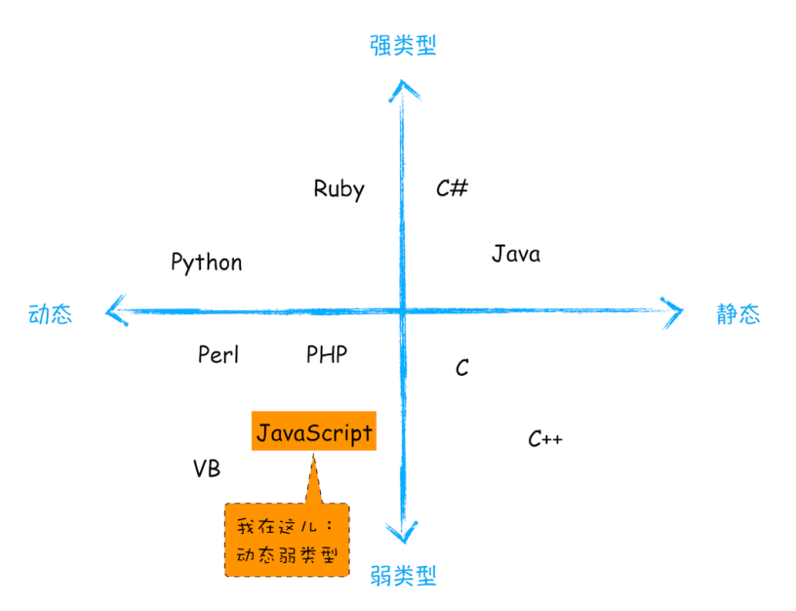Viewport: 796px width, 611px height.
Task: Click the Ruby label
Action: [x=338, y=188]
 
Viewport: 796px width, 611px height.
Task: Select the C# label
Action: [x=452, y=187]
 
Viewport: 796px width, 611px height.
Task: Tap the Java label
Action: [x=515, y=254]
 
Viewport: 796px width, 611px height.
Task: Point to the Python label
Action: [x=206, y=263]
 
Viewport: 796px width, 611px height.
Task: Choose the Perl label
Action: [x=218, y=354]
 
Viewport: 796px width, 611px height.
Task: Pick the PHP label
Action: [x=327, y=354]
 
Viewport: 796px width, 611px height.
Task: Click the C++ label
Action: [x=544, y=439]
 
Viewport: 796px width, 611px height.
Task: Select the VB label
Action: [x=207, y=468]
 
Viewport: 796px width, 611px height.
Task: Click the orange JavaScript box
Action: [x=313, y=431]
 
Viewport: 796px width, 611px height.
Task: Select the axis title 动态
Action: [x=50, y=314]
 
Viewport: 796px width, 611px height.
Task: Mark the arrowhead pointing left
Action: [x=116, y=311]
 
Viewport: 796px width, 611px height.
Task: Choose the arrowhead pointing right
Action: [x=672, y=311]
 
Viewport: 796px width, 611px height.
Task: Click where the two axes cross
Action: [x=402, y=311]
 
